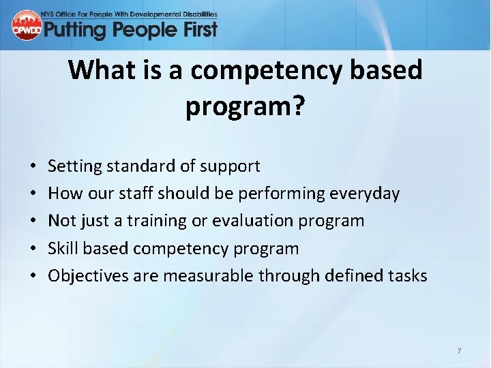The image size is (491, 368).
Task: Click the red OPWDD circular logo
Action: (x=27, y=25)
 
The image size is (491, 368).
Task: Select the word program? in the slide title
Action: (x=245, y=106)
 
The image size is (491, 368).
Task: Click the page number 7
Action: (x=459, y=351)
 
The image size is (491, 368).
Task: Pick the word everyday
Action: (x=363, y=194)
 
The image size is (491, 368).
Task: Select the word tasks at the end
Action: (x=408, y=276)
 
